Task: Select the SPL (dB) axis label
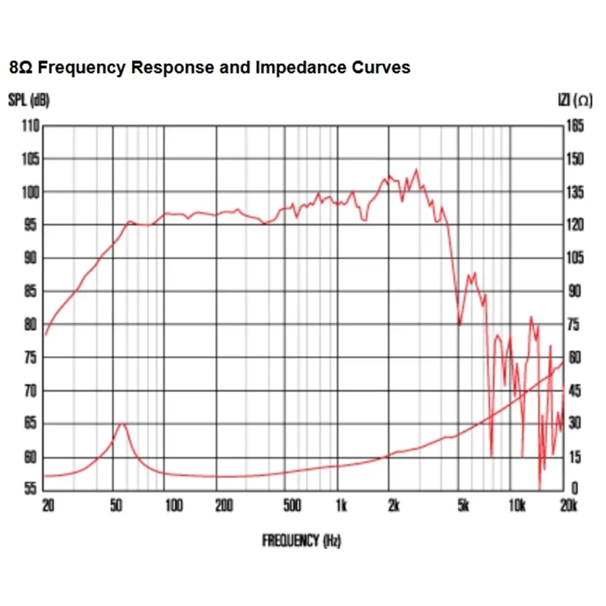(29, 101)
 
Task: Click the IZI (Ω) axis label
(574, 101)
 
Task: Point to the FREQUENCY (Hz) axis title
(301, 540)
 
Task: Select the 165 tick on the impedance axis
(575, 126)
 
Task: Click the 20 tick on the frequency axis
(47, 506)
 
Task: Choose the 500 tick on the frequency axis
(292, 506)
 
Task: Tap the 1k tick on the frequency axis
(341, 506)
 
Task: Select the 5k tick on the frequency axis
(463, 506)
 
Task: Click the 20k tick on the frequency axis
(569, 506)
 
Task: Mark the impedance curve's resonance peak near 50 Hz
(122, 424)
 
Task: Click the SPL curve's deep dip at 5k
(459, 324)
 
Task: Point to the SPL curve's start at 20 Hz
(46, 334)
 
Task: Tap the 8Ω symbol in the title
(19, 68)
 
